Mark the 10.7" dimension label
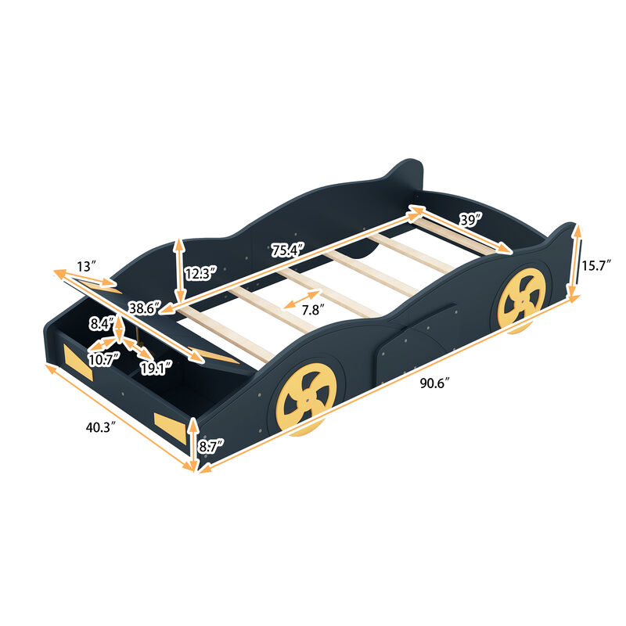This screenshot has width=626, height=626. click(103, 359)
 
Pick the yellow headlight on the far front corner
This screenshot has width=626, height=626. click(79, 363)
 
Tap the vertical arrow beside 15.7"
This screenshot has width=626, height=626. click(575, 262)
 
